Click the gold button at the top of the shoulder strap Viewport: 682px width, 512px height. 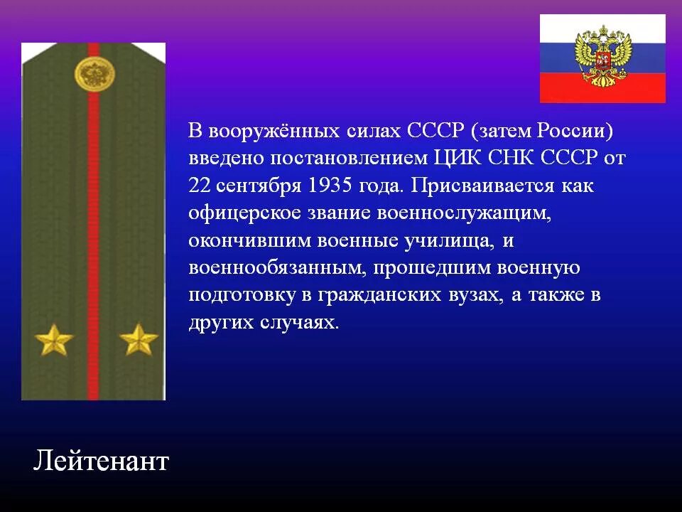pos(92,74)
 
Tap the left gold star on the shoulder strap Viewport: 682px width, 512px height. pos(55,339)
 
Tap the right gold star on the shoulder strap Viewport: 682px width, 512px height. pos(139,339)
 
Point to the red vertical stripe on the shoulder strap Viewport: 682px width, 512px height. pos(93,213)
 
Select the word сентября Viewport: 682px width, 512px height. pos(259,186)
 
